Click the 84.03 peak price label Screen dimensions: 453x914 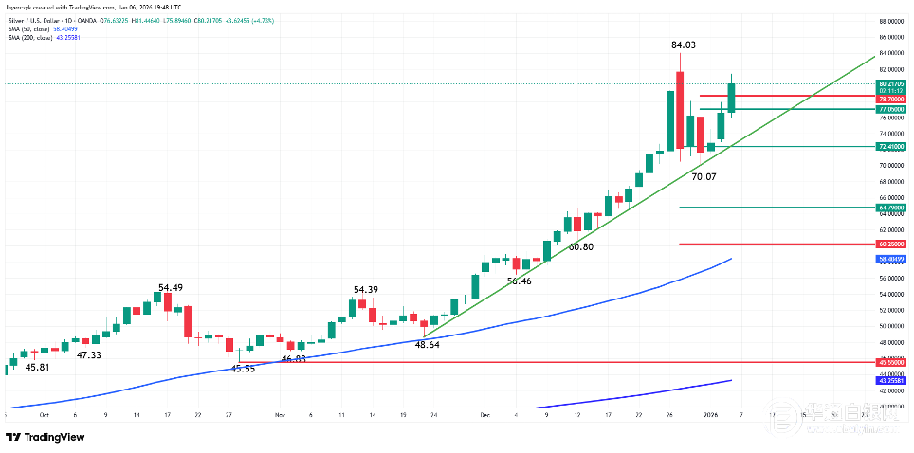(684, 45)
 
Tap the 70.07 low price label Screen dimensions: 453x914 (704, 176)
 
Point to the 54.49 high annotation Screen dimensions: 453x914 (171, 287)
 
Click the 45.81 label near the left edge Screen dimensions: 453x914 (38, 367)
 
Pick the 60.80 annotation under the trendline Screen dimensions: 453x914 (580, 246)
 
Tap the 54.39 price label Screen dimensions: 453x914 (366, 289)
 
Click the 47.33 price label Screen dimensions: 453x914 (89, 354)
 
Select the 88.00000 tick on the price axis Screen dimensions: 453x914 (888, 20)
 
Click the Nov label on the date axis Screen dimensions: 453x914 (280, 414)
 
